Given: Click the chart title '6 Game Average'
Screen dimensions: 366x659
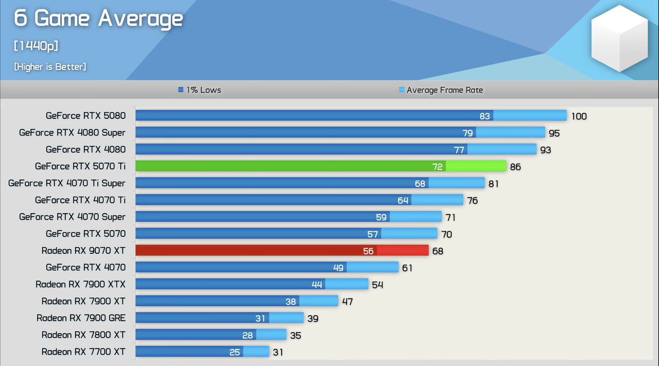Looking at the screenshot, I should [98, 19].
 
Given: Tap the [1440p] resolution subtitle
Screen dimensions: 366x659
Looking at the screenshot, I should [36, 46].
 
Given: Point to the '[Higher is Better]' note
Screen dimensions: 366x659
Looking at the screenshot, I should [50, 66].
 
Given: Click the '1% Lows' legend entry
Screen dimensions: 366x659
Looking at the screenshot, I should [199, 90].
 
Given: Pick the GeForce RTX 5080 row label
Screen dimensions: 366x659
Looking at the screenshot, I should [85, 116].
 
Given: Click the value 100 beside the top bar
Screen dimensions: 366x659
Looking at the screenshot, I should [579, 116].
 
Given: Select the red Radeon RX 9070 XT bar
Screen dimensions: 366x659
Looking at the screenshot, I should [282, 250].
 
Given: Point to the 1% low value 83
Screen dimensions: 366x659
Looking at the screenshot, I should [484, 116].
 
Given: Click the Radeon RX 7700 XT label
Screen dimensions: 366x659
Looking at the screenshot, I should [83, 352].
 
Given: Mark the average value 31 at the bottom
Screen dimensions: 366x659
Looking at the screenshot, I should [278, 353].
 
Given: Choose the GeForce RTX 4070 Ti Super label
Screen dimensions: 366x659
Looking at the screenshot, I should [67, 183].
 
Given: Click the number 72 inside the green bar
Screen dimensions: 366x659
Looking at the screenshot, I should [437, 167].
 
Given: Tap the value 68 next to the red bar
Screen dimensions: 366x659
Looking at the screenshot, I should [438, 251].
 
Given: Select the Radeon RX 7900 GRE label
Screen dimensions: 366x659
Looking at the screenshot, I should [81, 318].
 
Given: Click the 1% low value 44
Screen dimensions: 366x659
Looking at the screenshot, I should [317, 285].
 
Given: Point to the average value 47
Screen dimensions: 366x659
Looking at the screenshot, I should [348, 302].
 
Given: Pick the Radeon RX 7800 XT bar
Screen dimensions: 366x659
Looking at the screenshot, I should [211, 335].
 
